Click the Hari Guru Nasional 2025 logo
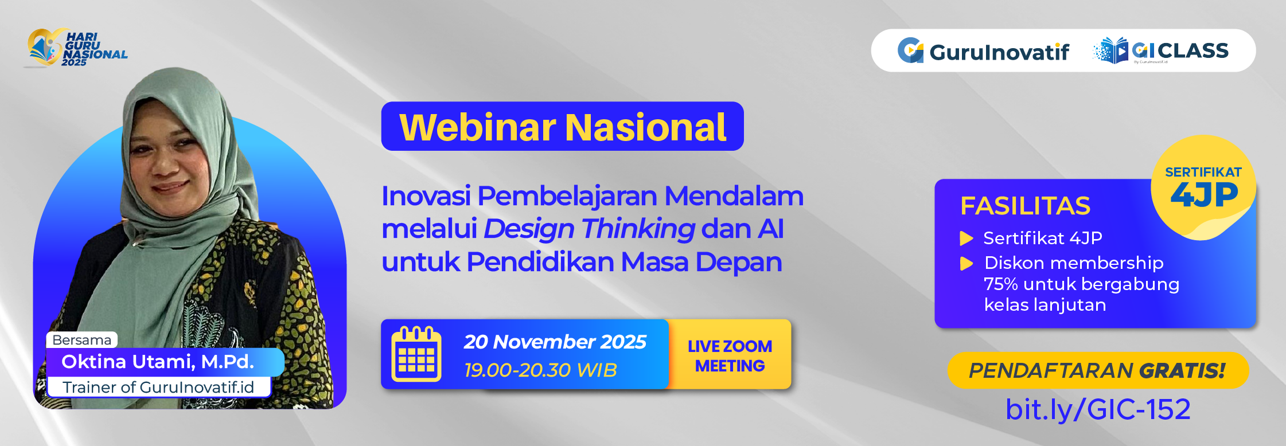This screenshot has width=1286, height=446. tap(76, 48)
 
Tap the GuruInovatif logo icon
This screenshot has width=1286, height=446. tap(910, 50)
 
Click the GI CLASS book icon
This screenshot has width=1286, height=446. tap(1112, 51)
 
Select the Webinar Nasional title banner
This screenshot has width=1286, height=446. tap(562, 127)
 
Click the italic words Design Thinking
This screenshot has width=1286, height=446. tap(589, 229)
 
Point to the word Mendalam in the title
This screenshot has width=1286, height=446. tap(734, 196)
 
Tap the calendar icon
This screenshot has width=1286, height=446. tap(416, 354)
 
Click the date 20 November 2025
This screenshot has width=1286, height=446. tap(555, 342)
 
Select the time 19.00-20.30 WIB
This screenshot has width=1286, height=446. tap(540, 370)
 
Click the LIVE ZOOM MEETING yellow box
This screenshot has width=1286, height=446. tap(730, 355)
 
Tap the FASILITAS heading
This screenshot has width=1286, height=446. tap(1025, 206)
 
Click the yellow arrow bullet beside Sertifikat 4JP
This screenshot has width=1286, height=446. tap(967, 238)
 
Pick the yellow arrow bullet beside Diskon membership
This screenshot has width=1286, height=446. tap(967, 263)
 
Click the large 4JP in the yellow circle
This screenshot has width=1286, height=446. tap(1203, 195)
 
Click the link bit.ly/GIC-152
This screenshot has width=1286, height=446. tap(1098, 409)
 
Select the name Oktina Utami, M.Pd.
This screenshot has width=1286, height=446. tap(158, 362)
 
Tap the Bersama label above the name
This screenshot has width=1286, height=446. tap(81, 340)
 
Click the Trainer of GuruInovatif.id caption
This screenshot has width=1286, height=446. tap(158, 388)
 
